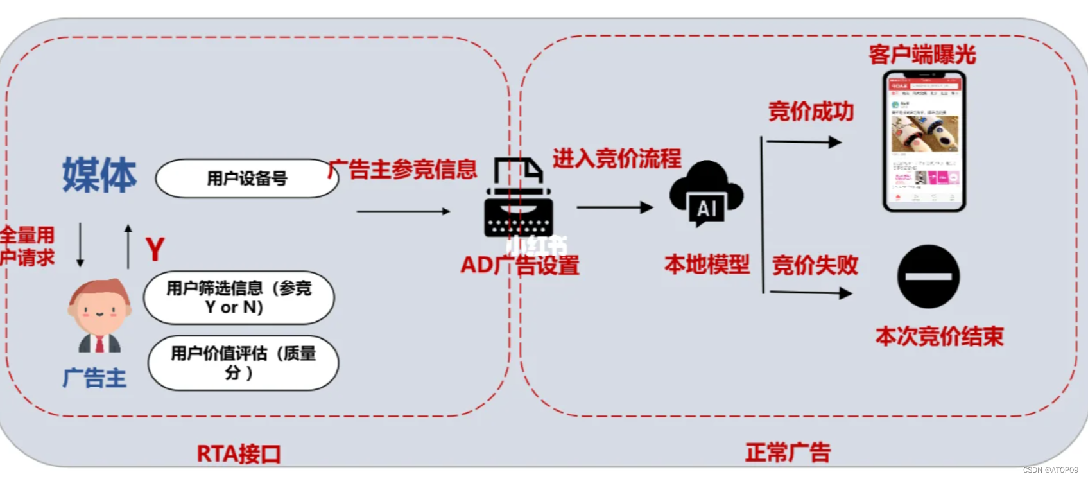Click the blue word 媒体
pos(99,175)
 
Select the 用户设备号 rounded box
pos(246,179)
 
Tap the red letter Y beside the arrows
pos(155,249)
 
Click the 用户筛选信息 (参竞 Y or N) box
pos(239,298)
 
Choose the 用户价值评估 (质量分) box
pos(243,363)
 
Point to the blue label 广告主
pos(94,378)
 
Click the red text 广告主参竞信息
pos(403,170)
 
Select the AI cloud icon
pos(705,194)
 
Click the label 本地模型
pos(707,264)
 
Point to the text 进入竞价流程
pos(617,158)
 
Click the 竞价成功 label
pos(811,112)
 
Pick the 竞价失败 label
pos(815,265)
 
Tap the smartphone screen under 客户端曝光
pos(924,141)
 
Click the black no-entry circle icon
pos(928,277)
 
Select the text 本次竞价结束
pos(939,336)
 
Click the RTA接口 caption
pos(239,454)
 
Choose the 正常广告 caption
pos(788,453)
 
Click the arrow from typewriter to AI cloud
pos(614,207)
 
